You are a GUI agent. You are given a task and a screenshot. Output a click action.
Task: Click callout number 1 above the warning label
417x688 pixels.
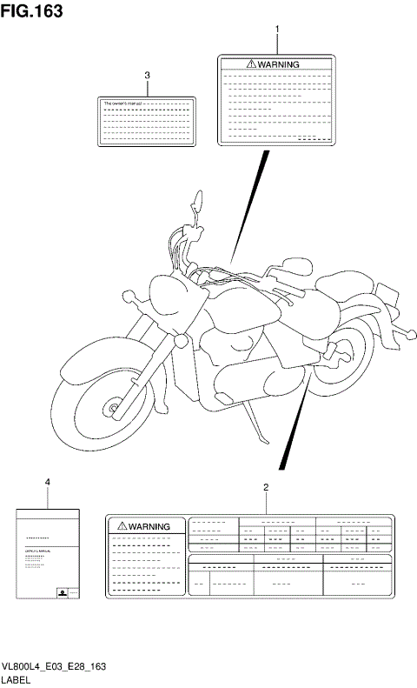[277, 30]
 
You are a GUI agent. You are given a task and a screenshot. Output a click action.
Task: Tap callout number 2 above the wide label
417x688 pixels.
[265, 487]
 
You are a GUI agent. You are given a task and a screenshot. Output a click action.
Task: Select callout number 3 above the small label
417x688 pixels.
[148, 76]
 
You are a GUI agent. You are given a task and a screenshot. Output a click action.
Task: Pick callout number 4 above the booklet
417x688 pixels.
[48, 481]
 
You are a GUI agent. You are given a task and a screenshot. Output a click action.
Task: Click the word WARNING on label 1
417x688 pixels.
[278, 64]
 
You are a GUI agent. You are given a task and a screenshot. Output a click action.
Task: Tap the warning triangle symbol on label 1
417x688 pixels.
[251, 64]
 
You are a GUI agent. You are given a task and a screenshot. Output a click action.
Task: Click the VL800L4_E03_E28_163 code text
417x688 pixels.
[54, 666]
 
